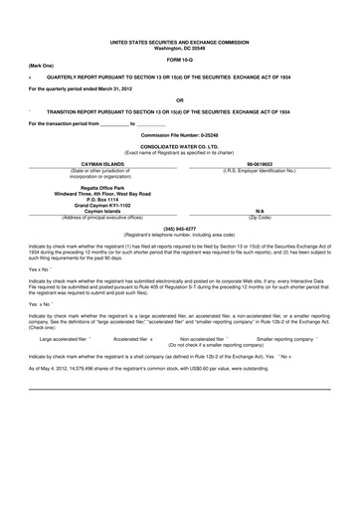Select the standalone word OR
pos(180,99)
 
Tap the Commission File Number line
pos(179,133)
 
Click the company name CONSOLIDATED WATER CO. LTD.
pos(179,145)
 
